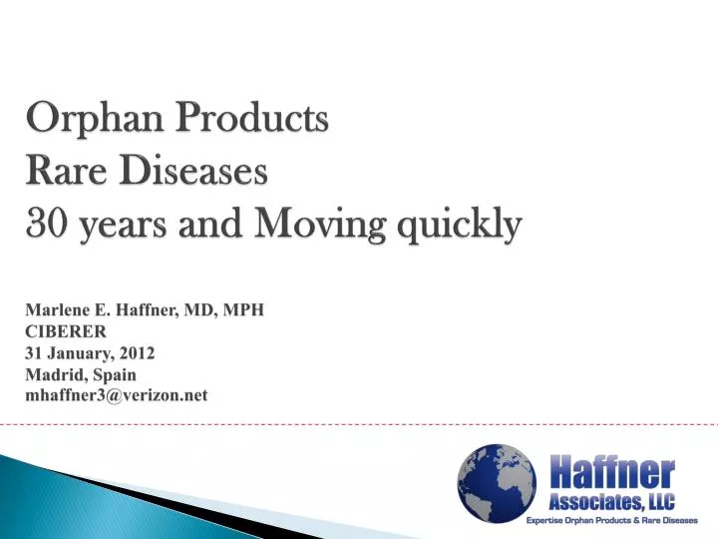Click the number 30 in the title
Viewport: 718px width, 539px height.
(45, 228)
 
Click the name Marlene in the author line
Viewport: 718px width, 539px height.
(56, 309)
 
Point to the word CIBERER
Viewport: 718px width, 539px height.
(65, 331)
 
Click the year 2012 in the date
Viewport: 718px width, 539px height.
(136, 353)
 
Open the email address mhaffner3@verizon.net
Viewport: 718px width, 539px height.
(116, 395)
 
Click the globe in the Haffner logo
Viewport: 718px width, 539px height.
(496, 483)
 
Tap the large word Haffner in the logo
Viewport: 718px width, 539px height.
(612, 469)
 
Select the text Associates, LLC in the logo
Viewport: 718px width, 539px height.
(612, 499)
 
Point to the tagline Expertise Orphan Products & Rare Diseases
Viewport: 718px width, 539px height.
(612, 521)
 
